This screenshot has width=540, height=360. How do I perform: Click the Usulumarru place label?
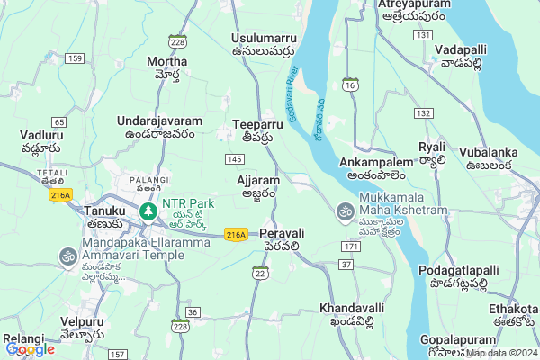263,39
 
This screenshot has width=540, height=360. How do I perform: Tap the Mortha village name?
166,62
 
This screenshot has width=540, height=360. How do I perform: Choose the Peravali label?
283,233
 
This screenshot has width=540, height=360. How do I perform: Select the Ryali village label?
432,147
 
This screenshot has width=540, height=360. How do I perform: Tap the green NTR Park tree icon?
148,211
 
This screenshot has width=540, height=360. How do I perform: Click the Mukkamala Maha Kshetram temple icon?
343,211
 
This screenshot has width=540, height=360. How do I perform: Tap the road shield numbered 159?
75,58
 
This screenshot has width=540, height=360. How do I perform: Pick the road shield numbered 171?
351,246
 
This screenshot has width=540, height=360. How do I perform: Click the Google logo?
30,349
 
